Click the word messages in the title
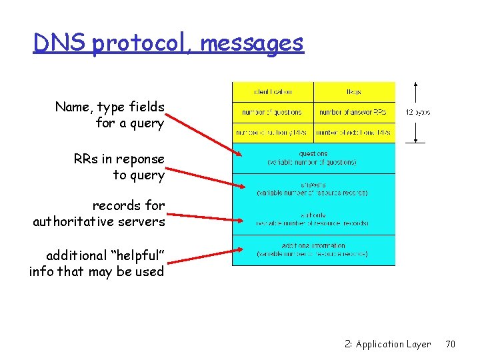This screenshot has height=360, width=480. [x=252, y=43]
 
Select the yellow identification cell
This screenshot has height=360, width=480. [x=273, y=92]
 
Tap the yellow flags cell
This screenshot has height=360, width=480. [x=354, y=92]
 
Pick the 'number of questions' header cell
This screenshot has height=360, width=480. [x=273, y=112]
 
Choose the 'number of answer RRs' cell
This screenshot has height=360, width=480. [x=354, y=112]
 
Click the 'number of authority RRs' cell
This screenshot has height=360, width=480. [x=273, y=133]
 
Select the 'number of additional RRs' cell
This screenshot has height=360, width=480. [x=354, y=133]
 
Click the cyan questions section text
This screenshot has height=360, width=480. [x=313, y=158]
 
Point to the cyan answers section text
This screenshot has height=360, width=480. [x=313, y=189]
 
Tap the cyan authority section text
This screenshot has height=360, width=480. [x=313, y=219]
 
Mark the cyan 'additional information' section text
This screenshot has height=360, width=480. [x=313, y=250]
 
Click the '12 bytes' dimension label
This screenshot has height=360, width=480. [x=417, y=113]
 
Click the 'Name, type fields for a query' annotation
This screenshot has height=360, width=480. [x=110, y=115]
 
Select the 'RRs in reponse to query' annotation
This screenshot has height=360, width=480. [x=119, y=167]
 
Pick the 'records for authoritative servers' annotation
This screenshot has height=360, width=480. [x=99, y=213]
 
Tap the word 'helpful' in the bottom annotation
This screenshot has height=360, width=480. [x=133, y=255]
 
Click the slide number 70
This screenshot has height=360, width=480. [x=450, y=344]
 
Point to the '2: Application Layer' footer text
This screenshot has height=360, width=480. [x=387, y=344]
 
